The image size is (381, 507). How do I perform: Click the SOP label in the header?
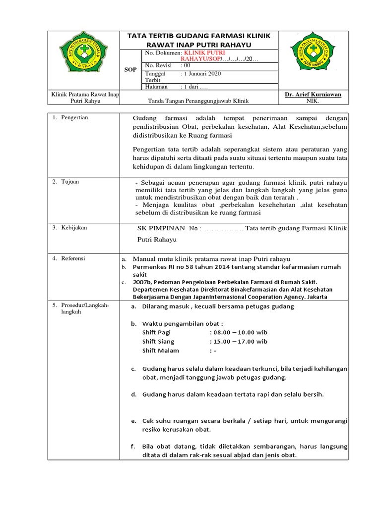pyautogui.click(x=130, y=70)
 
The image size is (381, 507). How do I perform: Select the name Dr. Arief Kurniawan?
pyautogui.click(x=313, y=94)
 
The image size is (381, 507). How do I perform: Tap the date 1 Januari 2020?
pyautogui.click(x=201, y=74)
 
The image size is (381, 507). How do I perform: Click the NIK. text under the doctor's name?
pyautogui.click(x=313, y=101)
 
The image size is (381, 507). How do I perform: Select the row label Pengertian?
pyautogui.click(x=74, y=118)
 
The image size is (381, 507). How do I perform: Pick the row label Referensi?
pyautogui.click(x=73, y=258)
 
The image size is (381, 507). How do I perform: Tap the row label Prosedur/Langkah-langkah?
pyautogui.click(x=84, y=309)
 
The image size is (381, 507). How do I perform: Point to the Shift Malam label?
pyautogui.click(x=161, y=351)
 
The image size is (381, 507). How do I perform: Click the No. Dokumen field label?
pyautogui.click(x=163, y=52)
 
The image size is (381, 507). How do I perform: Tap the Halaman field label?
pyautogui.click(x=157, y=87)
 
